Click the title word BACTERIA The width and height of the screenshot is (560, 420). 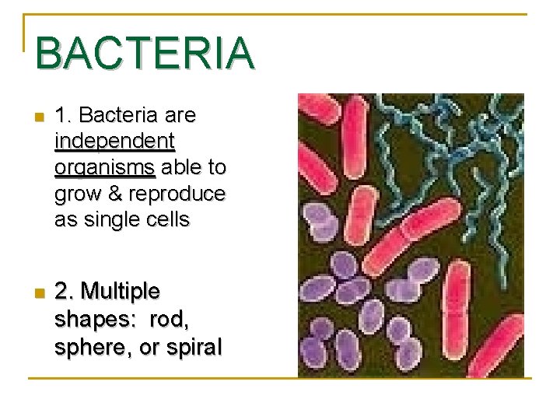pos(145,53)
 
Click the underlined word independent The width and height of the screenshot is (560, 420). pos(115,142)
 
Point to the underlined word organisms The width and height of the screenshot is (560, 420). pos(105,168)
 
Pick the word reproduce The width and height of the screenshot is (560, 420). pos(177,194)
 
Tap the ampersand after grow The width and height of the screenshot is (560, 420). pos(117,194)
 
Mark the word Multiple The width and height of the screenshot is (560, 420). pos(121,292)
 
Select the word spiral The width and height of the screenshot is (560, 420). pos(194,346)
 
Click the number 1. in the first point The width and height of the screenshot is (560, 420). pos(64,116)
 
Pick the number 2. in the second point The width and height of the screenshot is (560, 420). pos(65,292)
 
